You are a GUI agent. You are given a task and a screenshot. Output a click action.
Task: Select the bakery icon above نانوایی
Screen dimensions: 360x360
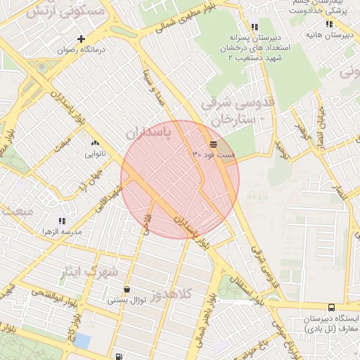point(94,142)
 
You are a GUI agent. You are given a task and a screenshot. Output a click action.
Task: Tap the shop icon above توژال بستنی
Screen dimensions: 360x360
point(126,289)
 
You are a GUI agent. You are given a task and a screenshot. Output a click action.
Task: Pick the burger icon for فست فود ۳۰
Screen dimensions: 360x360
point(213,143)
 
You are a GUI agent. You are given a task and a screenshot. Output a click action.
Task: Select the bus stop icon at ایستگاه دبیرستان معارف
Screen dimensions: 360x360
point(330,307)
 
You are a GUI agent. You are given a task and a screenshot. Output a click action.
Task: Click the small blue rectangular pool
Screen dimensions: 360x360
point(82,340)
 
